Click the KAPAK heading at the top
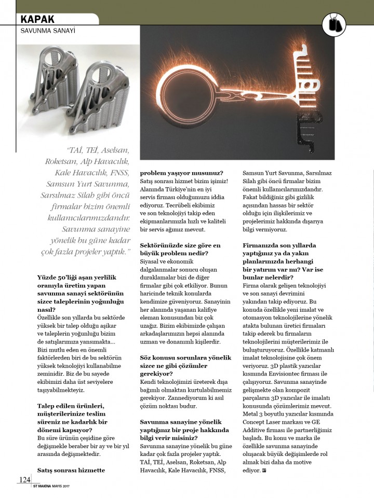coord(37,19)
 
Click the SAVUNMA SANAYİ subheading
coord(48,31)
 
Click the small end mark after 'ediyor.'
coord(264,471)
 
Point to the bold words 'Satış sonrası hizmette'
coord(71,470)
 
